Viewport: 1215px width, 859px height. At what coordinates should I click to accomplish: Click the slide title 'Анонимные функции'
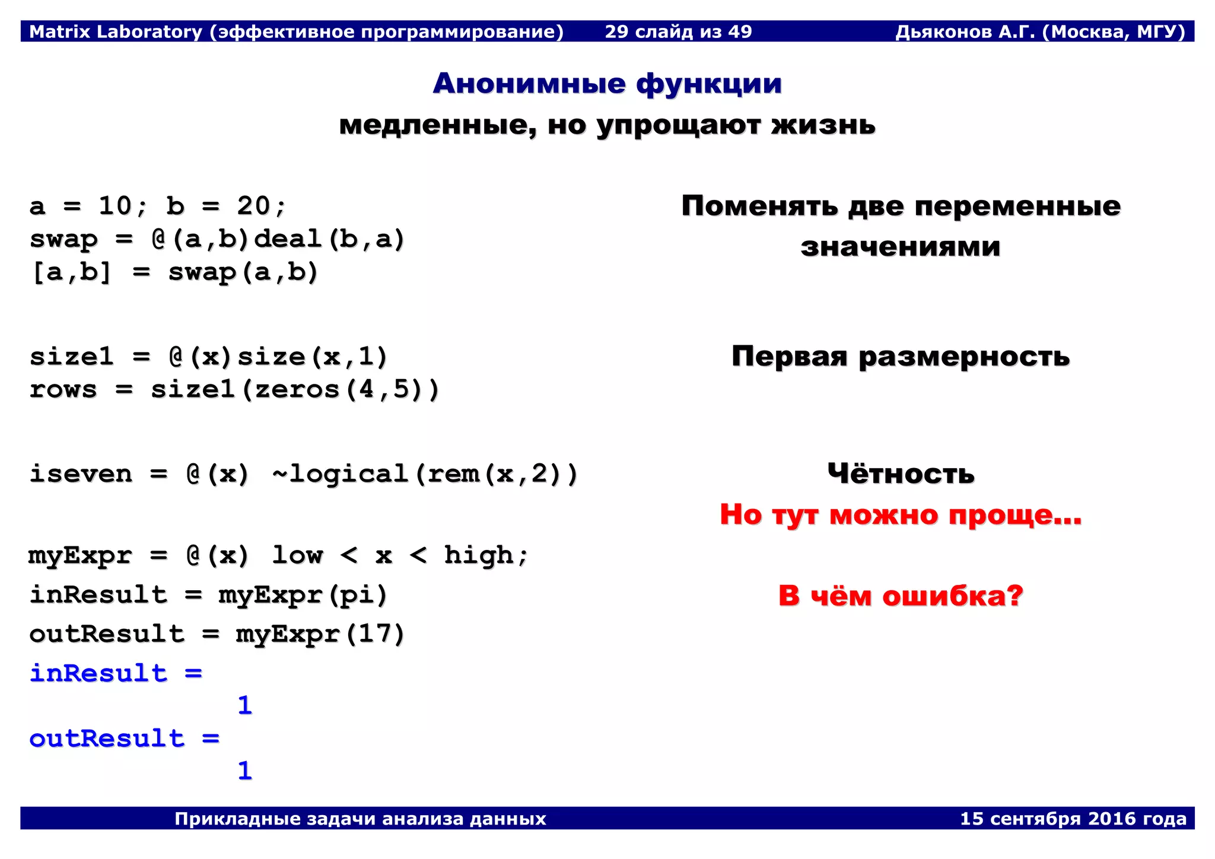607,84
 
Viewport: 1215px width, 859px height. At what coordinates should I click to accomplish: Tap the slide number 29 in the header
616,31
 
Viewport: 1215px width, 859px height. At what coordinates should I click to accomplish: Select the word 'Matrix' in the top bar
56,31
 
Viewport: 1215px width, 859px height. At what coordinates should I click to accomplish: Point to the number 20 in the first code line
253,206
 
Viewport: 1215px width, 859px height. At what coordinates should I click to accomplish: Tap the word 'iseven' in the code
81,474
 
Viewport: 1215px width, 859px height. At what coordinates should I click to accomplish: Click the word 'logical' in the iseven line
348,474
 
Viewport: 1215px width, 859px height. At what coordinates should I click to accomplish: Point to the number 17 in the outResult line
374,634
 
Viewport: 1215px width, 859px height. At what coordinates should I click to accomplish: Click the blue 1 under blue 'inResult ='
244,705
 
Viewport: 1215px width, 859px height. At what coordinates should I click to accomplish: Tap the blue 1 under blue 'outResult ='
244,771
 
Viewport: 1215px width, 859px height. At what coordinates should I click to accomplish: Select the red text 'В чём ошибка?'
901,596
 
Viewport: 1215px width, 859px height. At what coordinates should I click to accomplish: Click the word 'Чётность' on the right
901,474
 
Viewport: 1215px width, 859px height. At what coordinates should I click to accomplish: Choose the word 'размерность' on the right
963,357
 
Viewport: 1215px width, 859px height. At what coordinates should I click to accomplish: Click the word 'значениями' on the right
900,246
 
